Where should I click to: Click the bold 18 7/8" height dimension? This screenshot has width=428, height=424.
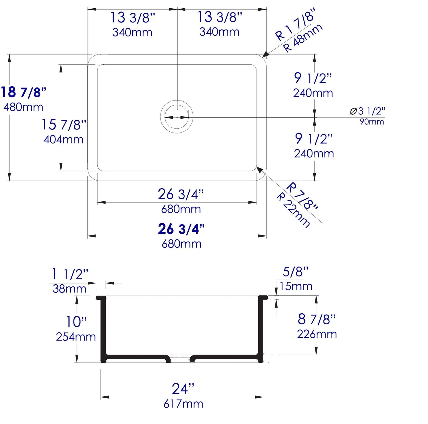point(24,92)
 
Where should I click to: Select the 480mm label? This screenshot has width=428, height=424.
point(23,107)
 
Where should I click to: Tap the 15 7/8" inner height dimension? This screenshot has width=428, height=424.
point(64,124)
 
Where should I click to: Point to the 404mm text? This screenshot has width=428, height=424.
point(63,139)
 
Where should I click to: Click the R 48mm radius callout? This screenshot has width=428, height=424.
point(303,38)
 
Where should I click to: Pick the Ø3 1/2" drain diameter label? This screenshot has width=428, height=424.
point(368,111)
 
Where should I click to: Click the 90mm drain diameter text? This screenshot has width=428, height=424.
point(372,122)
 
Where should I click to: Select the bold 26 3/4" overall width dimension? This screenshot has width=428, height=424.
point(181,229)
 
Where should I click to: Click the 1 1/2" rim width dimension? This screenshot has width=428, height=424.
point(70,274)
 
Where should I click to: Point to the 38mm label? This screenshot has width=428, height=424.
point(69,288)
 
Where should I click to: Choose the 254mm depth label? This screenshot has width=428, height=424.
point(76,337)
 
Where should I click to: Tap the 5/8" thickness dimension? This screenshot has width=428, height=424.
point(296,272)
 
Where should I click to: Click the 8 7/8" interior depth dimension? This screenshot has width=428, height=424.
point(317,319)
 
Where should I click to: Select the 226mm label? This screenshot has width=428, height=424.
point(317,334)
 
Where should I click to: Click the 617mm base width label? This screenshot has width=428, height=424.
point(183,404)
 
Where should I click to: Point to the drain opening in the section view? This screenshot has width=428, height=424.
point(180,359)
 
